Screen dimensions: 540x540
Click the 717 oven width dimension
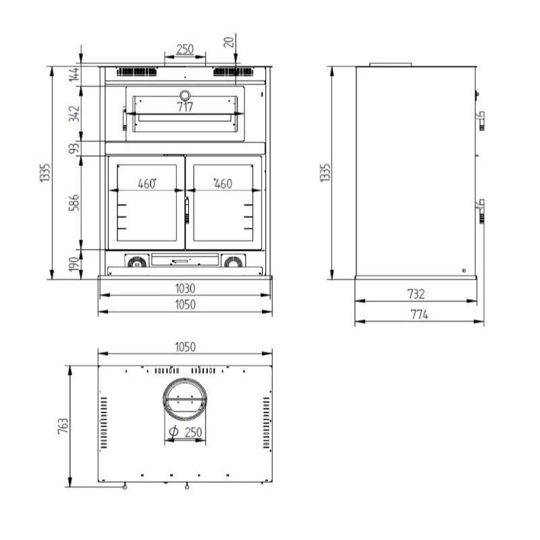[184, 107]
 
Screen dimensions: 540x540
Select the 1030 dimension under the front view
[184, 288]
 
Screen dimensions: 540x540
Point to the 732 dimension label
[416, 294]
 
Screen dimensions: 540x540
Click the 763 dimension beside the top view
[63, 426]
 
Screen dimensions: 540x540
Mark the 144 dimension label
[74, 75]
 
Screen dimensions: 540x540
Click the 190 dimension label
[74, 264]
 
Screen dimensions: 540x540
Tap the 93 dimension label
[74, 147]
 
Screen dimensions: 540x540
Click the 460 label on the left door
[147, 183]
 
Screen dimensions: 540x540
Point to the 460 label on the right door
[223, 183]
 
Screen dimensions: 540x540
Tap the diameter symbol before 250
[173, 431]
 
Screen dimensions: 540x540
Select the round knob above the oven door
[184, 93]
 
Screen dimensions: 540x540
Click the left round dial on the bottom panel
[137, 261]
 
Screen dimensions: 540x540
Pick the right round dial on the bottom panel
[232, 261]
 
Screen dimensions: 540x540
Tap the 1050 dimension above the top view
[184, 347]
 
